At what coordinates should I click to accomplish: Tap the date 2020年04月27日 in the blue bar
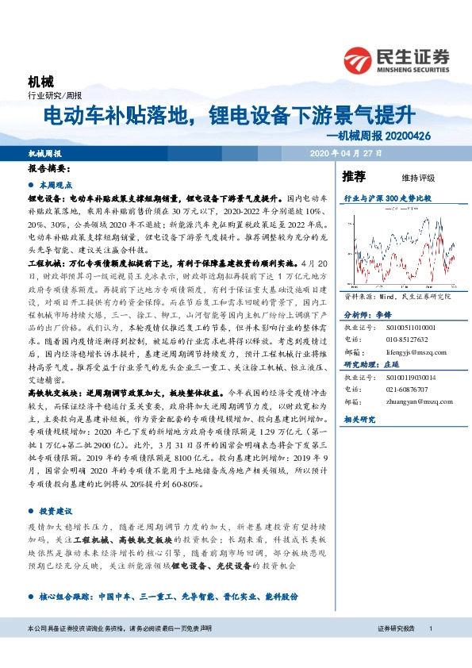[x=346, y=153]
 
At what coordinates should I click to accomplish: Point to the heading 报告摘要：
[x=50, y=169]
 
